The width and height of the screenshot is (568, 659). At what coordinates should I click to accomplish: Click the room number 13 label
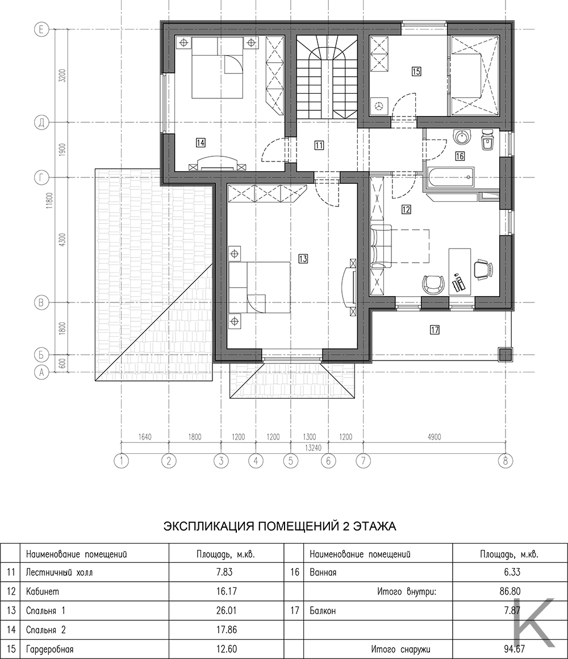pos(303,259)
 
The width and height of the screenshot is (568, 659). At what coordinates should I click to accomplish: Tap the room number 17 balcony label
pos(435,330)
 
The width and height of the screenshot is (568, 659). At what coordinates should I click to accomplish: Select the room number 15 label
pos(416,72)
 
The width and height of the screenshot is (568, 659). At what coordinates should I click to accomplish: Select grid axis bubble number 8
pos(506,461)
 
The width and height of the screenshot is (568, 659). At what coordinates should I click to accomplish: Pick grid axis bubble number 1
pos(122,461)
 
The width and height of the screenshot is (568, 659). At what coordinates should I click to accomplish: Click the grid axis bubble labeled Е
pos(41,30)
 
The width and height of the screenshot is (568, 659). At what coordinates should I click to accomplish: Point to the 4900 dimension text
pos(434,437)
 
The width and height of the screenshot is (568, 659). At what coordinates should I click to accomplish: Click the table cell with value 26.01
pos(226,610)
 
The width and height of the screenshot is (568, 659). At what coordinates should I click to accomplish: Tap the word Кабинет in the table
pos(43,592)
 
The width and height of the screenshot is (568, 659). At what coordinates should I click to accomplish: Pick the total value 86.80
pos(510,592)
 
